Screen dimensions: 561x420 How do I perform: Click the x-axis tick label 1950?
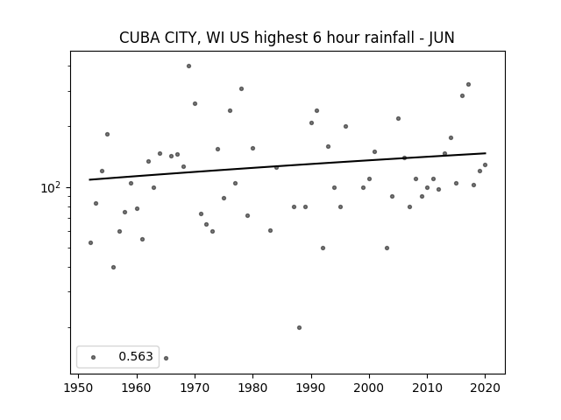coord(79,388)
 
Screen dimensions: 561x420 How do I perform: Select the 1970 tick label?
coord(195,388)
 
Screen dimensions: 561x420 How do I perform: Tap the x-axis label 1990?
coord(311,388)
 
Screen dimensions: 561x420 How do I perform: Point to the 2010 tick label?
coord(427,388)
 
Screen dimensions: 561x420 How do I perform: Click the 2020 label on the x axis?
coord(485,388)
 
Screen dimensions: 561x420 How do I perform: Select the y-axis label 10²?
coord(51,187)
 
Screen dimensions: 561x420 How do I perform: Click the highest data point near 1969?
coord(189,66)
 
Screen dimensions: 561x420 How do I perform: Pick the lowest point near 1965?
coord(166,358)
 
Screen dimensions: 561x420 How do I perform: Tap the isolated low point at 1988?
coord(300,327)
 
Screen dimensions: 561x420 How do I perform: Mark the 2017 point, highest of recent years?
coord(468,85)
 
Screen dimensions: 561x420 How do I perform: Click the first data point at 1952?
coord(90,243)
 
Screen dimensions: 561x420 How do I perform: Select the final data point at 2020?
coord(485,165)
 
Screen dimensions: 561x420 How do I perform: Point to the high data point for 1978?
coord(242,89)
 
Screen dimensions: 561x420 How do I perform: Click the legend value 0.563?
coord(136,356)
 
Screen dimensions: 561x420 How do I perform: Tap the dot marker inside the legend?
coord(94,357)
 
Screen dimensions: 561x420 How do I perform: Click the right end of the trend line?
coord(486,153)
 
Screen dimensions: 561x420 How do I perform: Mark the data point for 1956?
coord(113,267)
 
